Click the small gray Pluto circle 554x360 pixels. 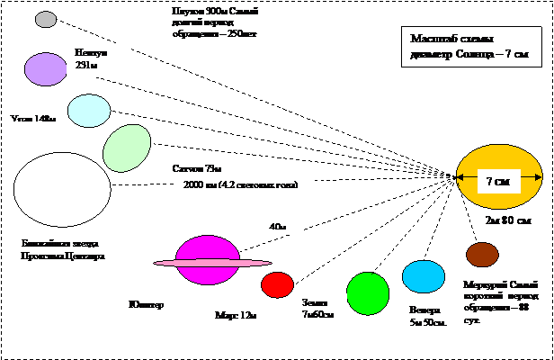(46, 19)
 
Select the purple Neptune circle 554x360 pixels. (46, 69)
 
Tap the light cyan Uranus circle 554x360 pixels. (89, 110)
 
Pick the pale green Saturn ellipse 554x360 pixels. (127, 148)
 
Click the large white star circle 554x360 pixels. (62, 189)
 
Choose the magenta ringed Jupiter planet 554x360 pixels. (208, 261)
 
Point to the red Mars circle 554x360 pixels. (277, 284)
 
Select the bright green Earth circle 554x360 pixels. (367, 293)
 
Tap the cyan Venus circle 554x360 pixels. (424, 276)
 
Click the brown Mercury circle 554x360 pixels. (482, 255)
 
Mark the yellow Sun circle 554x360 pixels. (499, 177)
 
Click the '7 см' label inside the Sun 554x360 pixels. (498, 181)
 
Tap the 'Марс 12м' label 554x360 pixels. (237, 316)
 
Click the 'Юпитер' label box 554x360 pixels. (163, 305)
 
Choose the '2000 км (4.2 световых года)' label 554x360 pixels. (245, 184)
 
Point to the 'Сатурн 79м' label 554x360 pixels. (203, 168)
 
